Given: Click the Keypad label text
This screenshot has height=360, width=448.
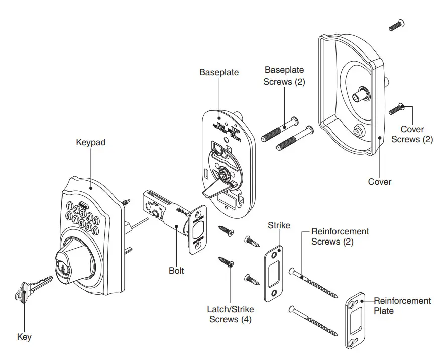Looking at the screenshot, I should (91, 142).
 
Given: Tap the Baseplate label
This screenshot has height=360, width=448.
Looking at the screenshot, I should (219, 72).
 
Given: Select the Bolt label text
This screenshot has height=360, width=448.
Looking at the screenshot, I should (176, 271).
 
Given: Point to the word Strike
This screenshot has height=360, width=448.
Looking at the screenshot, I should (279, 225).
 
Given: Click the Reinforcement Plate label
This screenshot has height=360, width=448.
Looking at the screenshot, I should (402, 306).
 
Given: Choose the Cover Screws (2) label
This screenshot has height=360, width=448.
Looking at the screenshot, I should (412, 134).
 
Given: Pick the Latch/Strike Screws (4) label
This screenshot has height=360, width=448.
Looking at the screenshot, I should (231, 314).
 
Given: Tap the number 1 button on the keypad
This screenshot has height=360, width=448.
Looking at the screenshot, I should (70, 206).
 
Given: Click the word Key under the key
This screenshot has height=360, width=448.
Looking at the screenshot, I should (24, 337).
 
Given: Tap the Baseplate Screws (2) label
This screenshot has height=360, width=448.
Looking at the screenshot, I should (284, 75).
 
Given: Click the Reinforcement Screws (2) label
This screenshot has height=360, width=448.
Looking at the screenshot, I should (340, 236).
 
